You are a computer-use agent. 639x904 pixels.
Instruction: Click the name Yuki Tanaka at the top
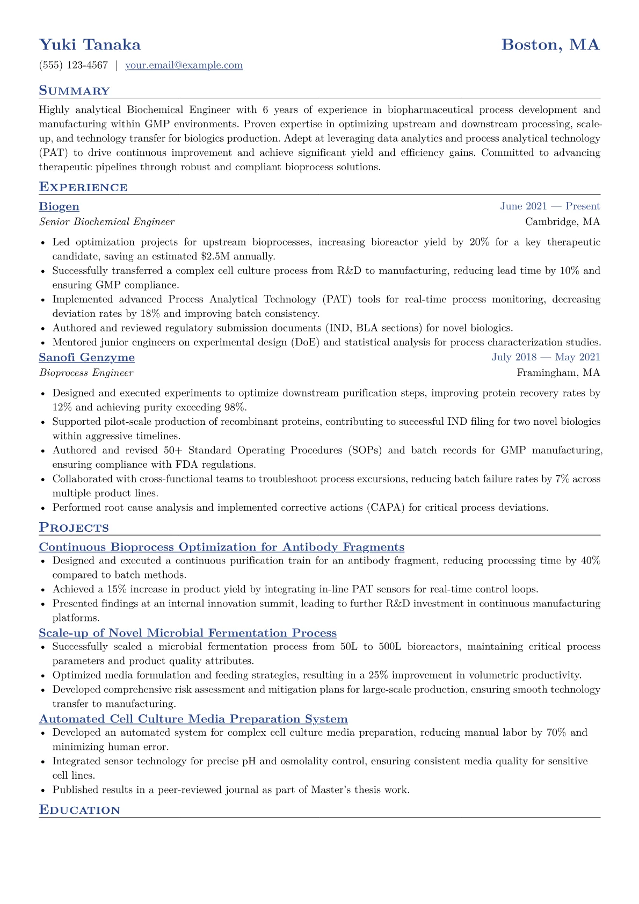(x=90, y=45)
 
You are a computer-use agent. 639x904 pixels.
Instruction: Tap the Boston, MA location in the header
(x=550, y=45)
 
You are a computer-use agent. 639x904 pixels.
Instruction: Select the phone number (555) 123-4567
(x=74, y=66)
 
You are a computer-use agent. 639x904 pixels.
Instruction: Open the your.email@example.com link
(x=184, y=66)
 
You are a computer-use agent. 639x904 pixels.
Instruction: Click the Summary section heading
(x=74, y=91)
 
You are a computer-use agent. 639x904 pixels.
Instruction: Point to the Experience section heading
(x=83, y=187)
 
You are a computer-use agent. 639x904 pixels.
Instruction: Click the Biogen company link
(x=59, y=207)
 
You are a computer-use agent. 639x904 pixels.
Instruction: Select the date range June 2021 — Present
(x=550, y=206)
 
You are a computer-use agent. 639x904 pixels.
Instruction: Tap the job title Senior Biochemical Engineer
(x=107, y=222)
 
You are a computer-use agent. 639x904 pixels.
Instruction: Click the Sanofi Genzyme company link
(x=87, y=358)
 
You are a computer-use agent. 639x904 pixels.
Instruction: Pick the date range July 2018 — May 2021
(x=546, y=357)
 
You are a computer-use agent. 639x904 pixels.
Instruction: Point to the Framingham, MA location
(x=558, y=373)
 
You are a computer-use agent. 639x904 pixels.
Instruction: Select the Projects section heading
(x=74, y=527)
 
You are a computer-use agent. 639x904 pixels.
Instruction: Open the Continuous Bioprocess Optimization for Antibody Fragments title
(x=222, y=547)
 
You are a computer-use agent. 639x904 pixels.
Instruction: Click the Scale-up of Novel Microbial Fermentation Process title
(x=188, y=633)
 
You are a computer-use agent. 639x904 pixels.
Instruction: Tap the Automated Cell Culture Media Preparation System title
(x=193, y=719)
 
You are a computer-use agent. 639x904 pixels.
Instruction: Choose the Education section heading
(x=79, y=810)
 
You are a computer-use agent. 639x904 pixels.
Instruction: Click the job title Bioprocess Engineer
(x=86, y=373)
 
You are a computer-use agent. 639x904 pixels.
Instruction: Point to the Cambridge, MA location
(x=562, y=222)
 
